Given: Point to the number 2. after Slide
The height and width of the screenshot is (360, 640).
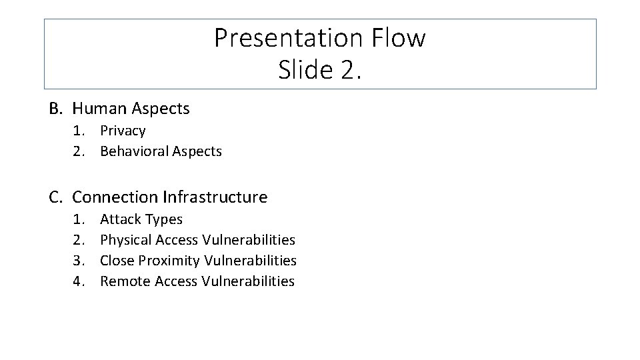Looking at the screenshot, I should tap(351, 69).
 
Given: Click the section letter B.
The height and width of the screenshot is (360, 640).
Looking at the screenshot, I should tap(55, 108).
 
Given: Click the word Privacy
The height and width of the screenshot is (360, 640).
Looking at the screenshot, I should tap(123, 131).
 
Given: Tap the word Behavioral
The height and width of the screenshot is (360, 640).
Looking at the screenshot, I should tap(135, 151).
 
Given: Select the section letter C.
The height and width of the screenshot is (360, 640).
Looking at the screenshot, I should tap(55, 197).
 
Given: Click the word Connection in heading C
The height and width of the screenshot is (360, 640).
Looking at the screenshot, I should tap(115, 197).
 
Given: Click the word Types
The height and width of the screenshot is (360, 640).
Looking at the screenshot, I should tap(164, 219).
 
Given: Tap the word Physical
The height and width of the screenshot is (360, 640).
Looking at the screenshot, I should tap(125, 239).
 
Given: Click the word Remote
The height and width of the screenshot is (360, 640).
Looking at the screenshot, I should tap(125, 281).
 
